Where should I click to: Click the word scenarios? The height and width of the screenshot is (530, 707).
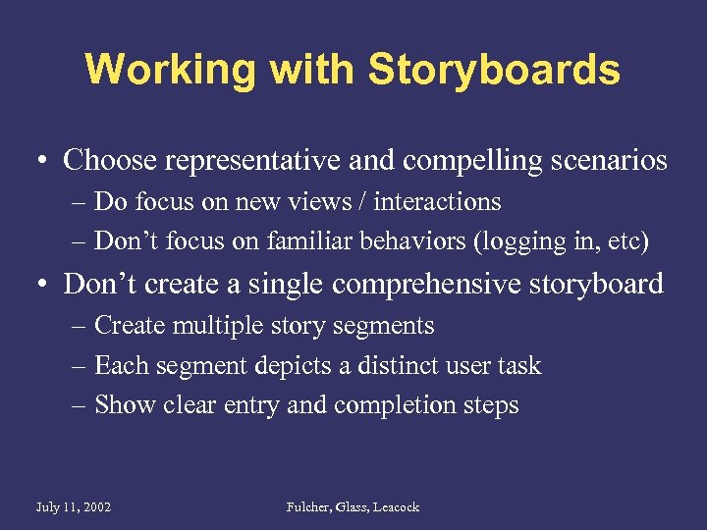(x=604, y=160)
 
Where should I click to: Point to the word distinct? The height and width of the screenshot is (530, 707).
(x=398, y=366)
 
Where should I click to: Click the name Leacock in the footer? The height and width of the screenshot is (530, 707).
(x=396, y=507)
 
